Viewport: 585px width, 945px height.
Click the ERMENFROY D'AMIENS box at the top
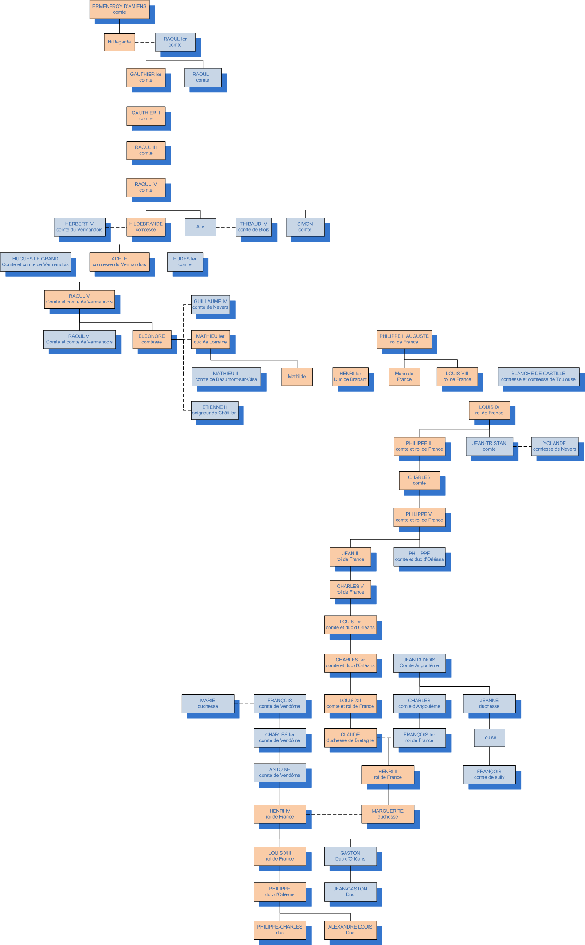pos(119,9)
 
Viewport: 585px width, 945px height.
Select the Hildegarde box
pos(119,42)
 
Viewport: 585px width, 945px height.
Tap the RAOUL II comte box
pos(203,77)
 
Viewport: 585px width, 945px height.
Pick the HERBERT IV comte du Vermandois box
pos(79,227)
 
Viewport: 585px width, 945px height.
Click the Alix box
pos(200,227)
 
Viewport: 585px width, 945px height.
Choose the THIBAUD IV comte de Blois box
pos(254,227)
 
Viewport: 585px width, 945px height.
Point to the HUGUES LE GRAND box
pos(35,262)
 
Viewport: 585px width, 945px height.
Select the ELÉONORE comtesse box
pos(152,339)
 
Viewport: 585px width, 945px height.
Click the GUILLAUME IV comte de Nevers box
pos(210,304)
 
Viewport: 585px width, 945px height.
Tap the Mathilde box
pos(297,377)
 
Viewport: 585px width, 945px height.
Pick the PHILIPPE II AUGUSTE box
pos(404,339)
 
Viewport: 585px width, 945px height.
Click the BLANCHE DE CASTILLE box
pos(538,377)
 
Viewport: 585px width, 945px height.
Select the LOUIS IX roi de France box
pos(489,410)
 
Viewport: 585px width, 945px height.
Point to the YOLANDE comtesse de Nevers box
pos(554,446)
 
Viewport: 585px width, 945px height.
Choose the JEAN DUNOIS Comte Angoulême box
pos(419,663)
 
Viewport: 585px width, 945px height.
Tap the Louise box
pos(489,738)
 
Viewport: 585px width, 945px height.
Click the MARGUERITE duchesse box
pos(388,814)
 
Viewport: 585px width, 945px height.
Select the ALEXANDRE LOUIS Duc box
pos(350,930)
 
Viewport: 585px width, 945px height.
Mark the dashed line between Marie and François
pos(244,704)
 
